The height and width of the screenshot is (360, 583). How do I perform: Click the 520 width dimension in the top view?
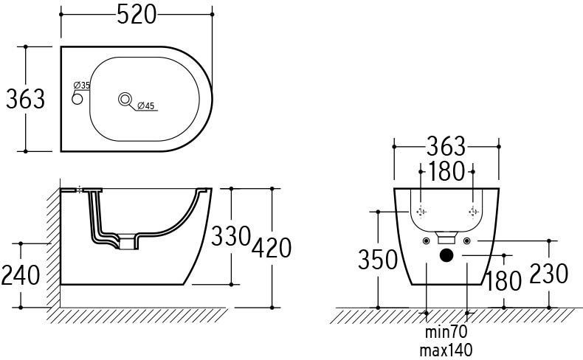click(x=137, y=15)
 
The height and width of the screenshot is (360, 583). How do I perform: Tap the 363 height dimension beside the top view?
click(x=26, y=99)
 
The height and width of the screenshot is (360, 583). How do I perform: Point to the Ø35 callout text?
click(x=82, y=85)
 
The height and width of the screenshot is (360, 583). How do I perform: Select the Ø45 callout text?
click(x=146, y=106)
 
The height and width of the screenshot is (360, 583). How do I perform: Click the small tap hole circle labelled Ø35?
click(x=77, y=99)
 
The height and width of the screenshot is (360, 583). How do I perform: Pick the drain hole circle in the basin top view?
click(x=125, y=99)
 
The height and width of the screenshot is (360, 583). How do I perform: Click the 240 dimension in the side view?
click(x=21, y=275)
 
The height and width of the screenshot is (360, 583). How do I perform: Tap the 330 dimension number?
click(x=231, y=236)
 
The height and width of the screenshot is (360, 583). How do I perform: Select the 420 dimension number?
click(x=272, y=248)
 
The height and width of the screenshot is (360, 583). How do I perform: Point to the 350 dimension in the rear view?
click(x=378, y=260)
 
